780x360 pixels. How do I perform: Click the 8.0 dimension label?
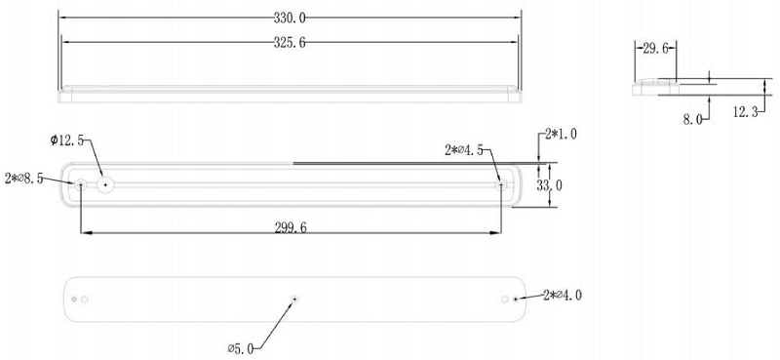[693, 118]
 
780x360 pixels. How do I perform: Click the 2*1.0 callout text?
[561, 134]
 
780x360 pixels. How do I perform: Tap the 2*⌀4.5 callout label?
[465, 150]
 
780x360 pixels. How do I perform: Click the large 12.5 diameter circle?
[104, 183]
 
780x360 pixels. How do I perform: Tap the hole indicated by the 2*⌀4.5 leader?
[500, 183]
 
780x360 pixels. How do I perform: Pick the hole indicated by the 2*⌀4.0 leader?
[516, 299]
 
